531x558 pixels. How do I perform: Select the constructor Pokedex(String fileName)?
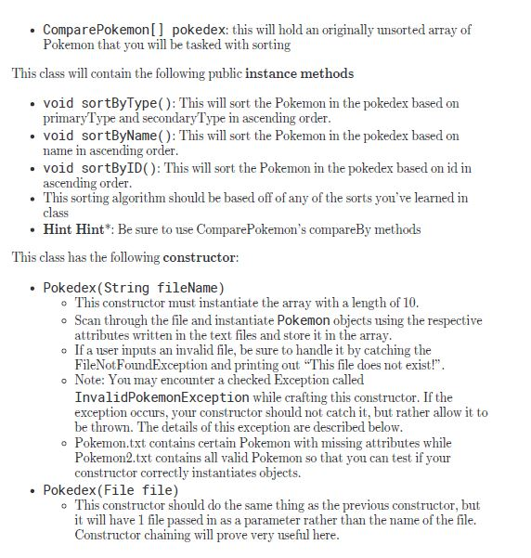click(x=134, y=287)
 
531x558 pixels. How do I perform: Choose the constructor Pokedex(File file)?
click(x=110, y=489)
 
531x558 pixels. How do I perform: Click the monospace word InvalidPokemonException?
click(x=162, y=396)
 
